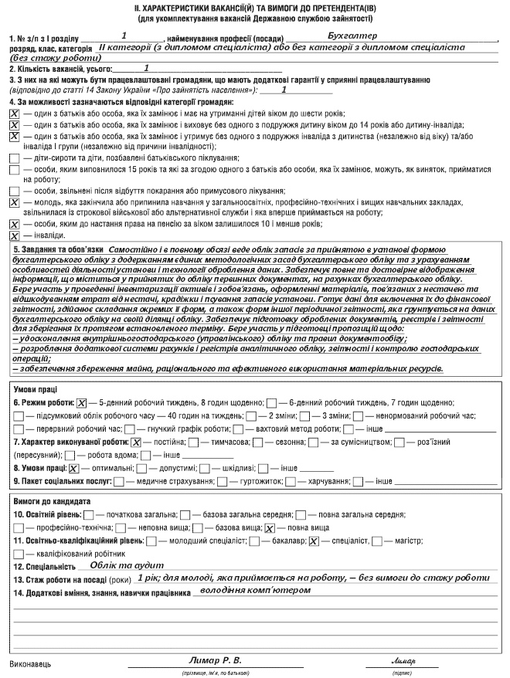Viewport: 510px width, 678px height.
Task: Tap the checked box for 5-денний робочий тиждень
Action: [82, 402]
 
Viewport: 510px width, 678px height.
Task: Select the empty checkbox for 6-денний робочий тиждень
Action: [271, 402]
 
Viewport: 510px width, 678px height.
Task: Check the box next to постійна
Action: [136, 442]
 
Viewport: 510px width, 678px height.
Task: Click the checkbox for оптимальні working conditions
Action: [73, 468]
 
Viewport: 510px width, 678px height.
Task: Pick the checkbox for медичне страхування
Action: [117, 481]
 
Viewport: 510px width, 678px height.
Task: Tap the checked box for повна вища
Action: [270, 527]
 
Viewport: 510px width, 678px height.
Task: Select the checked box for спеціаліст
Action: [313, 541]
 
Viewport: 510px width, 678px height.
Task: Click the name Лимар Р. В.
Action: [216, 660]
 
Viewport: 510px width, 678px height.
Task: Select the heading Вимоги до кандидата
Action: [47, 501]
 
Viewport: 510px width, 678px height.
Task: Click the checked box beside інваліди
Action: [14, 235]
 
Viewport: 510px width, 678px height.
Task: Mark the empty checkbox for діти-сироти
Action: [14, 158]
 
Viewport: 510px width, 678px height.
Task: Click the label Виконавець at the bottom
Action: [30, 663]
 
